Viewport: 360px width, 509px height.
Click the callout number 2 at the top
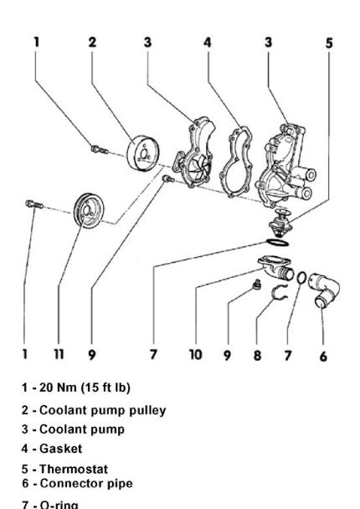[x=93, y=40]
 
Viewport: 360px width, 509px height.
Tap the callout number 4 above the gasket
[x=207, y=40]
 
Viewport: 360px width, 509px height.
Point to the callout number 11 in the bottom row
[x=59, y=355]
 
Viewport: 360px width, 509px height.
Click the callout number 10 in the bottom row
[x=195, y=355]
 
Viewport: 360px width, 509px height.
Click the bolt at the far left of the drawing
[x=33, y=204]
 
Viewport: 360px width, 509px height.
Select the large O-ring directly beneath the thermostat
[x=277, y=244]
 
